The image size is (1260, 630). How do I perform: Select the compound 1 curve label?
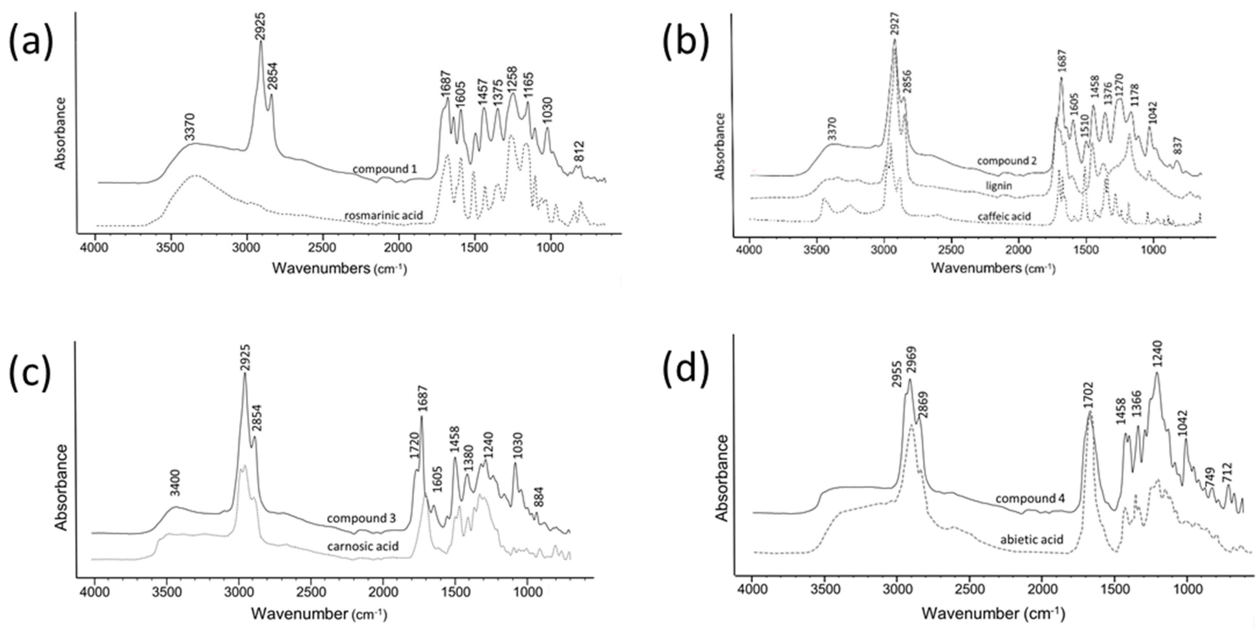pyautogui.click(x=384, y=169)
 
